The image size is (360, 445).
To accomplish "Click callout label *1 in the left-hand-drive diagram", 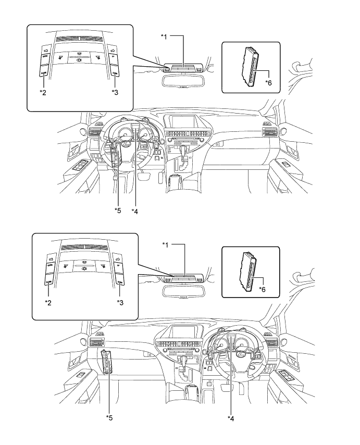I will pyautogui.click(x=165, y=38).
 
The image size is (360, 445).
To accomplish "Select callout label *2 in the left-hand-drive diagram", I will pyautogui.click(x=43, y=92).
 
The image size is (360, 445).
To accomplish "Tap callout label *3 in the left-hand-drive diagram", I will pyautogui.click(x=114, y=92).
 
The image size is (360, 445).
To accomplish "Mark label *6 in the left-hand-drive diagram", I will pyautogui.click(x=268, y=82).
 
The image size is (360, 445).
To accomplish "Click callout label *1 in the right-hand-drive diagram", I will pyautogui.click(x=165, y=245).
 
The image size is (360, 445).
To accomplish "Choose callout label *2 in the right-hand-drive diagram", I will pyautogui.click(x=47, y=301).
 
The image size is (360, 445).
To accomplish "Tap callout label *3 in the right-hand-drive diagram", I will pyautogui.click(x=119, y=301).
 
